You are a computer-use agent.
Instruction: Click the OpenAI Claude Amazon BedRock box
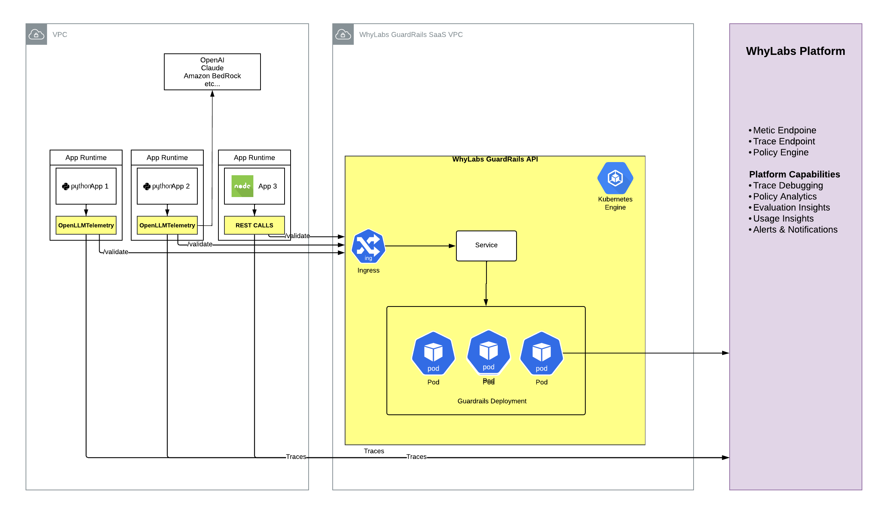coord(212,72)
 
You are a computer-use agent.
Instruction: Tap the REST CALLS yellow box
coord(254,225)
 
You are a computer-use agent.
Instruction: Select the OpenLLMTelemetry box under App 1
coord(86,225)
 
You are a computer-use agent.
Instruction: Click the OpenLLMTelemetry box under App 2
coord(167,225)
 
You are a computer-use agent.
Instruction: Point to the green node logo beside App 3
coord(242,186)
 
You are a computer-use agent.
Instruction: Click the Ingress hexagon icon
coord(368,246)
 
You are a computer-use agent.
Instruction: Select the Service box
coord(486,246)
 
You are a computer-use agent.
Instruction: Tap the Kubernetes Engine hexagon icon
coord(615,178)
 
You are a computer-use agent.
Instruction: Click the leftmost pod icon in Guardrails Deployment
coord(433,353)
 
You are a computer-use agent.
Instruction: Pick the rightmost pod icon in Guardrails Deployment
coord(541,353)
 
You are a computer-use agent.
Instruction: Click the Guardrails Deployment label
coord(492,401)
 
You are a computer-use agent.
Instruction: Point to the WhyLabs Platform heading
coord(795,51)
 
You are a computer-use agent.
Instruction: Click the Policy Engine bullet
coord(780,152)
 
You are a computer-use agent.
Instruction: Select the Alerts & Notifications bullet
coord(795,230)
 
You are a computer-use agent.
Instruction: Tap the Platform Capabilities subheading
coord(794,174)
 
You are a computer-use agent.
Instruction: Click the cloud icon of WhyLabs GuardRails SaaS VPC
coord(343,35)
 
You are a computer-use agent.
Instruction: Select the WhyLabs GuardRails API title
coord(495,159)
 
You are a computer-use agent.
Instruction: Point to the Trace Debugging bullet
coord(788,185)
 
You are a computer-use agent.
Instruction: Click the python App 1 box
coord(86,186)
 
